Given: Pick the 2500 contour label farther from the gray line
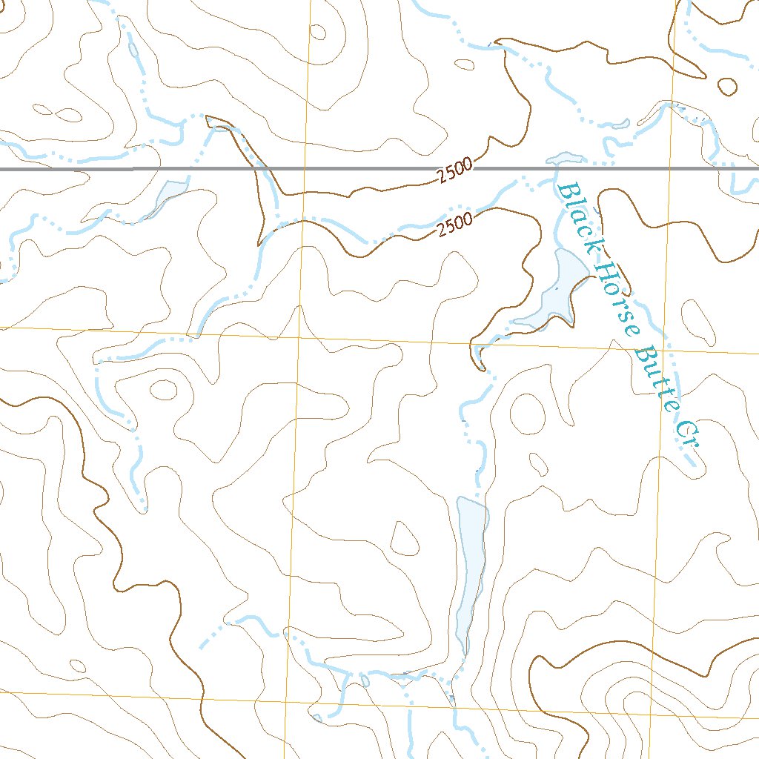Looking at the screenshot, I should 454,226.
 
